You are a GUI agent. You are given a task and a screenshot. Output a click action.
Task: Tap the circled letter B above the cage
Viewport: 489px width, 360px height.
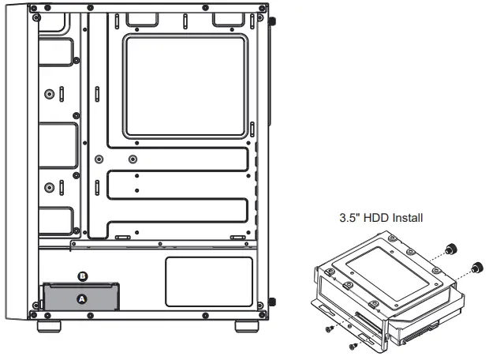pos(84,276)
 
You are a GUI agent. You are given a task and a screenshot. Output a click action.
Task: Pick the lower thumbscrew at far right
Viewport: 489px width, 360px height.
pos(476,268)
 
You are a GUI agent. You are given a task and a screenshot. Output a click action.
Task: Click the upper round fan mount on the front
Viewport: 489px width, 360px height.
pos(51,94)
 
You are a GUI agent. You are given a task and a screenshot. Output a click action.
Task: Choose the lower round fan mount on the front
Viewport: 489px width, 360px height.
pos(51,187)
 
